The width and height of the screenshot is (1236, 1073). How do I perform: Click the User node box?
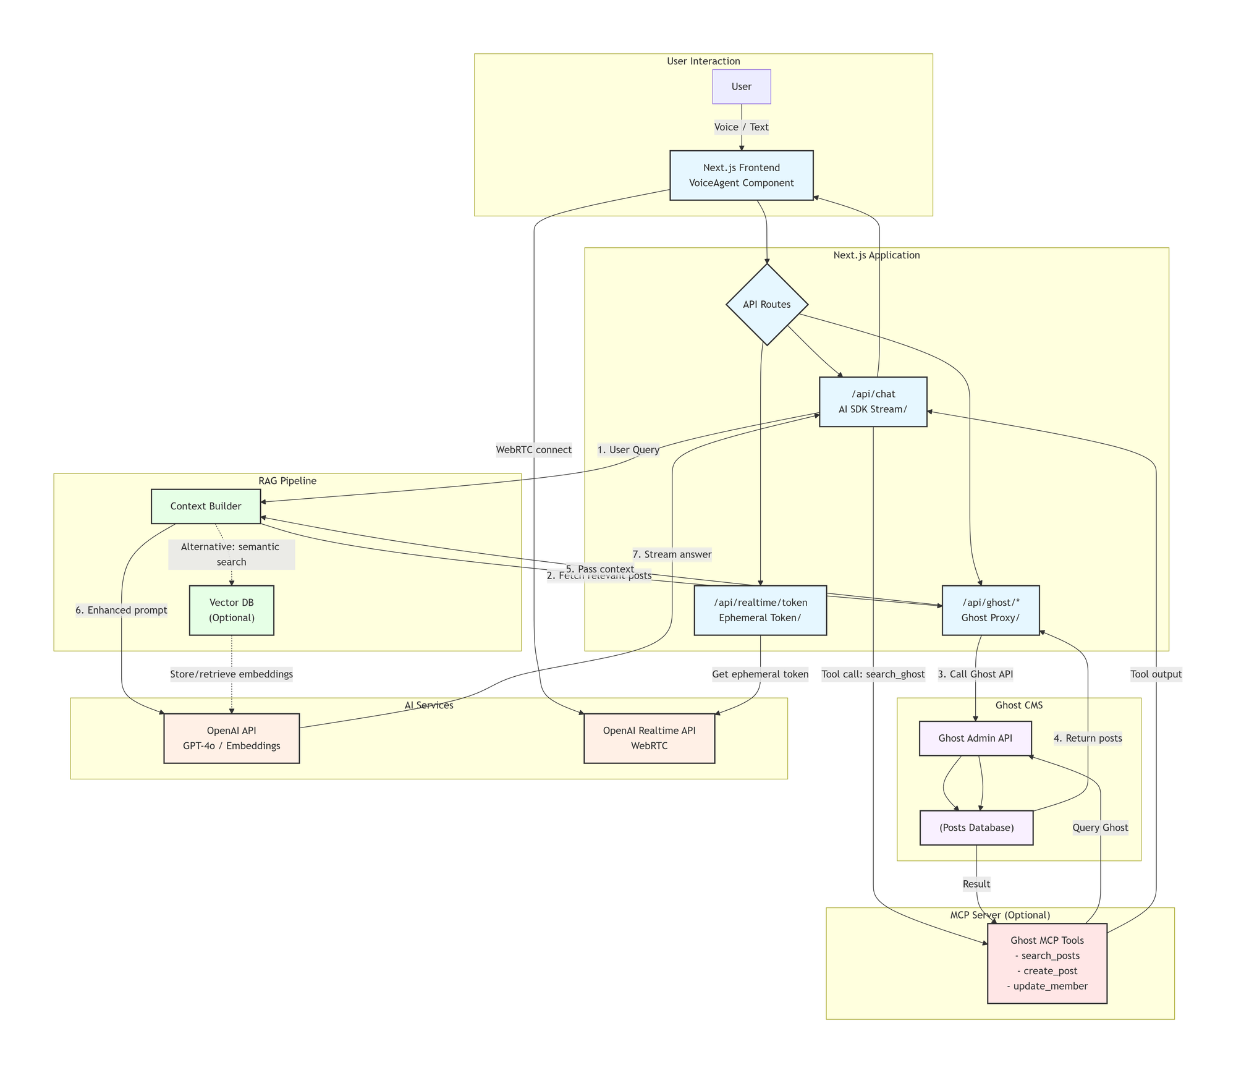click(x=741, y=87)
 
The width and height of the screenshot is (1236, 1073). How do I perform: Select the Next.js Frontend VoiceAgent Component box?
click(x=741, y=176)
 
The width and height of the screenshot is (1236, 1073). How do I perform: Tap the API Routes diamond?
click(x=766, y=304)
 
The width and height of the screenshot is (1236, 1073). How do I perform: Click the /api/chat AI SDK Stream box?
click(x=873, y=402)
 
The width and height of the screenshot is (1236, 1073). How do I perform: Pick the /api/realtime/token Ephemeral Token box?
click(x=760, y=610)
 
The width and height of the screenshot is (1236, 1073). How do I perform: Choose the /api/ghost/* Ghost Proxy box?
click(x=990, y=610)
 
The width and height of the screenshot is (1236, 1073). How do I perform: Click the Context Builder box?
click(x=206, y=506)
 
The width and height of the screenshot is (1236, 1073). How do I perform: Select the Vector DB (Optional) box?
click(x=231, y=610)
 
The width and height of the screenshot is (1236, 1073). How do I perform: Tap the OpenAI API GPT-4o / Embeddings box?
click(x=231, y=738)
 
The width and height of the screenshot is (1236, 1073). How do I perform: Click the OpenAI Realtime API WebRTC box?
click(x=649, y=738)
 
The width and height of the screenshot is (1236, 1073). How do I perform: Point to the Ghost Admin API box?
click(x=975, y=738)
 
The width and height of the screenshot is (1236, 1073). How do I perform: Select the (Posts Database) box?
click(x=976, y=828)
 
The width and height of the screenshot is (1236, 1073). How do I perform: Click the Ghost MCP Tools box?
click(x=1047, y=963)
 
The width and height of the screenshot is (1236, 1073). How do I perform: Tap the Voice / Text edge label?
click(x=741, y=127)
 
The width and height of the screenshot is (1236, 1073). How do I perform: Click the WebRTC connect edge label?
click(x=534, y=450)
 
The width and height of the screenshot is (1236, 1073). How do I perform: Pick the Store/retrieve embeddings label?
click(x=231, y=674)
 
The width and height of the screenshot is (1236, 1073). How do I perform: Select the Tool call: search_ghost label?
click(x=873, y=674)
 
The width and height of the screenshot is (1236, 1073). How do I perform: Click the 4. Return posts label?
click(x=1087, y=738)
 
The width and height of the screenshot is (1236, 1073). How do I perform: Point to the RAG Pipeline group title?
click(x=287, y=481)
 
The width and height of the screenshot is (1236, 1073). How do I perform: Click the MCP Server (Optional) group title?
click(x=1000, y=915)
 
